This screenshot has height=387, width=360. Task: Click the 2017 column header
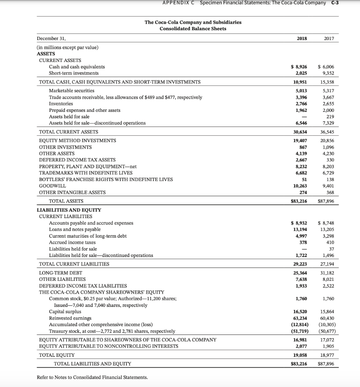click(x=329, y=39)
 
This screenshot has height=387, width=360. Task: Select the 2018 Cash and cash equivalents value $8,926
click(x=299, y=67)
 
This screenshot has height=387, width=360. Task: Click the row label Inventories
click(x=61, y=104)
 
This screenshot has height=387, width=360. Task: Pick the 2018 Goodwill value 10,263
click(x=300, y=186)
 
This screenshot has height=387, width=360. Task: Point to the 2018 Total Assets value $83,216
click(x=298, y=201)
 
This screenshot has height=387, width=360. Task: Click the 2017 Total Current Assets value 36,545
click(x=327, y=132)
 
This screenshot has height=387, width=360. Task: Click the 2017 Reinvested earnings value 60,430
click(x=327, y=318)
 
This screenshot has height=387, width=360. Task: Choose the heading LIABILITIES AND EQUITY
click(x=69, y=210)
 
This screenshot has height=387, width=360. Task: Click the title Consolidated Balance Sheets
click(x=193, y=29)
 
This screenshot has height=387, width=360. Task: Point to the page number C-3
click(x=335, y=3)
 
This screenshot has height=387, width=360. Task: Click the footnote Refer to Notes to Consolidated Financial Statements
click(x=92, y=377)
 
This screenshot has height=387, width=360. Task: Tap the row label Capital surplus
click(x=65, y=312)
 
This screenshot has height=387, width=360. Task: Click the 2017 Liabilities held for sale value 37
click(x=332, y=249)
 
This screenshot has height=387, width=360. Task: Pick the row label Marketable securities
click(x=72, y=91)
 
